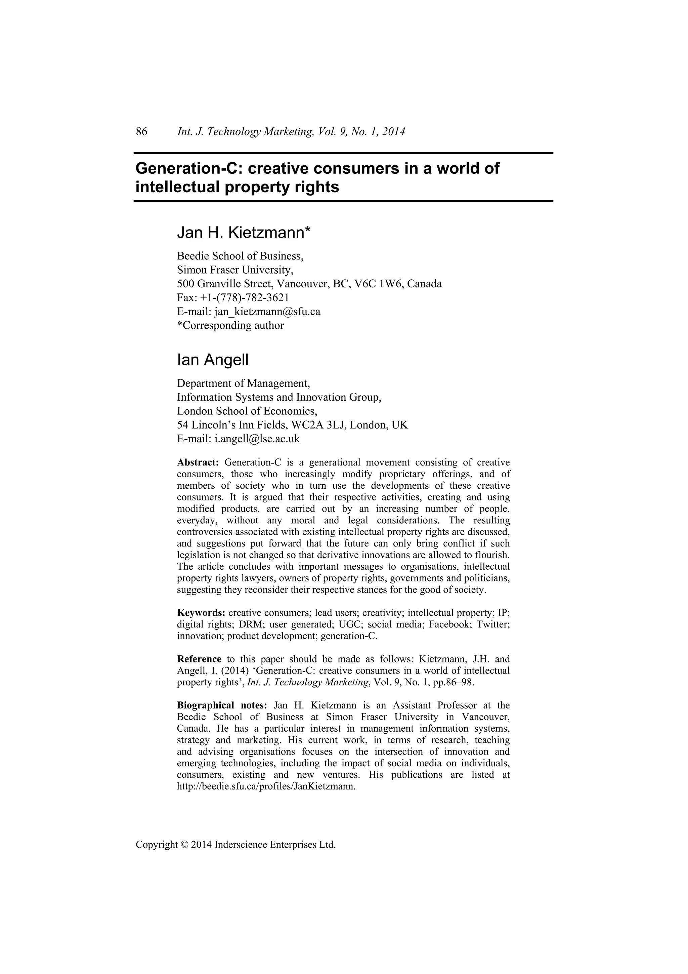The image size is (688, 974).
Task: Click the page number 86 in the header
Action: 141,132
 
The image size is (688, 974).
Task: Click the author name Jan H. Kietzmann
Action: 244,233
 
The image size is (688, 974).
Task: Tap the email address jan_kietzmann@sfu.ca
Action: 267,312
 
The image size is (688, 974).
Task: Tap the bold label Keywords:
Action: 201,613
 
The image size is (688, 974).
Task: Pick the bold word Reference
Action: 199,659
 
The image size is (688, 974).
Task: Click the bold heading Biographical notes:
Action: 222,705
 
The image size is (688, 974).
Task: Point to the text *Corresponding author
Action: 230,326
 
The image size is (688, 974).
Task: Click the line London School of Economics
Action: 247,411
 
